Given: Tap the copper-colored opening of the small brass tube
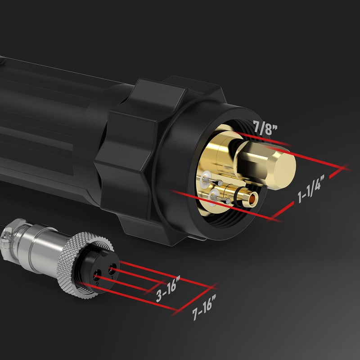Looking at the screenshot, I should coord(255,196).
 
